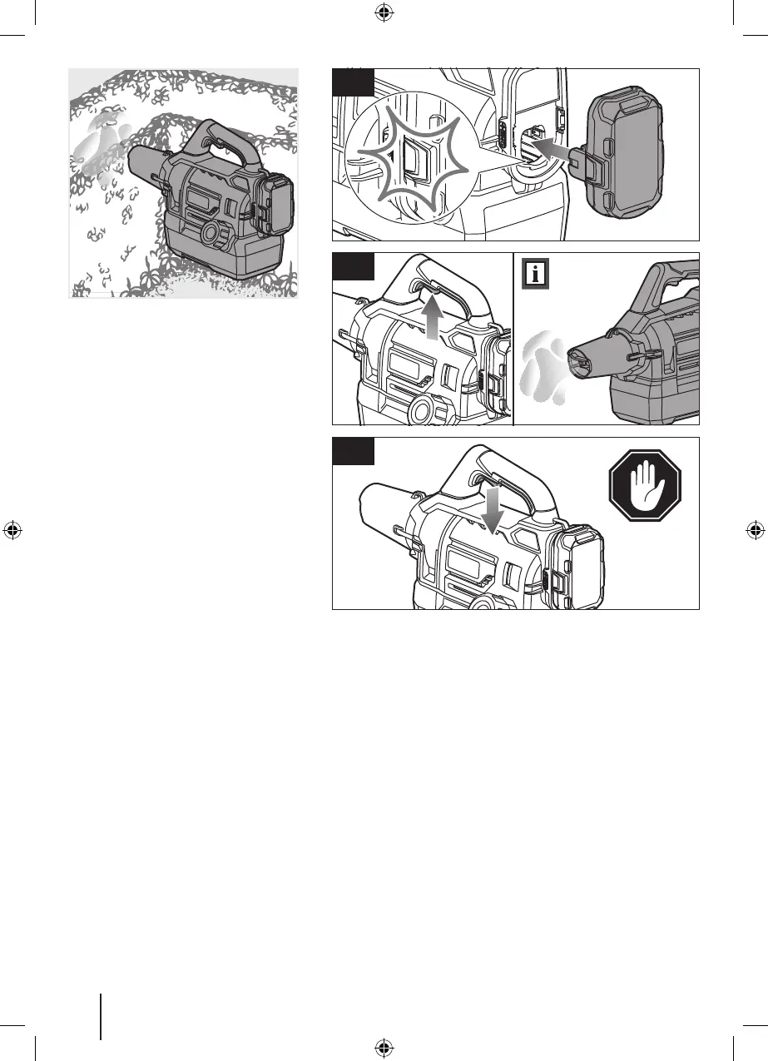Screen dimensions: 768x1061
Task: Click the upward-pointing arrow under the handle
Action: point(430,317)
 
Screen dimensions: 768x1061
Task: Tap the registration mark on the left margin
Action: point(12,530)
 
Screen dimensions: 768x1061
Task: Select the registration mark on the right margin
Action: point(755,530)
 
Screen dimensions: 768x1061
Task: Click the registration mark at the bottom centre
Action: point(384,1048)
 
